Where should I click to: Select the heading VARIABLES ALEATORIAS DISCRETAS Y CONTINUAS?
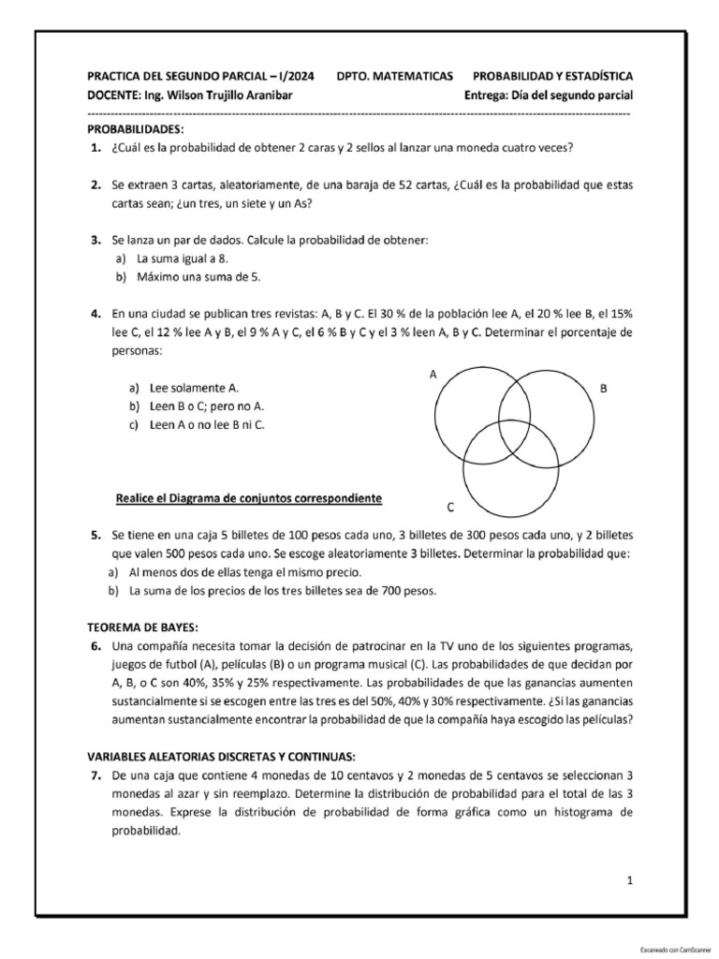point(221,756)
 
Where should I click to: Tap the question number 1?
point(95,148)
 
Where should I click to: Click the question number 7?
point(95,775)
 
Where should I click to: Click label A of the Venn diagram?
point(433,374)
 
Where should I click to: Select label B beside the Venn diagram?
point(604,387)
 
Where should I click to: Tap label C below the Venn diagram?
point(450,507)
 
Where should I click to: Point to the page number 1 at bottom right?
point(630,880)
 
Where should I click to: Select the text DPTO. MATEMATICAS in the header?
point(394,75)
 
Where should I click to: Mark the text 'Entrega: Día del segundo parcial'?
point(549,95)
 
